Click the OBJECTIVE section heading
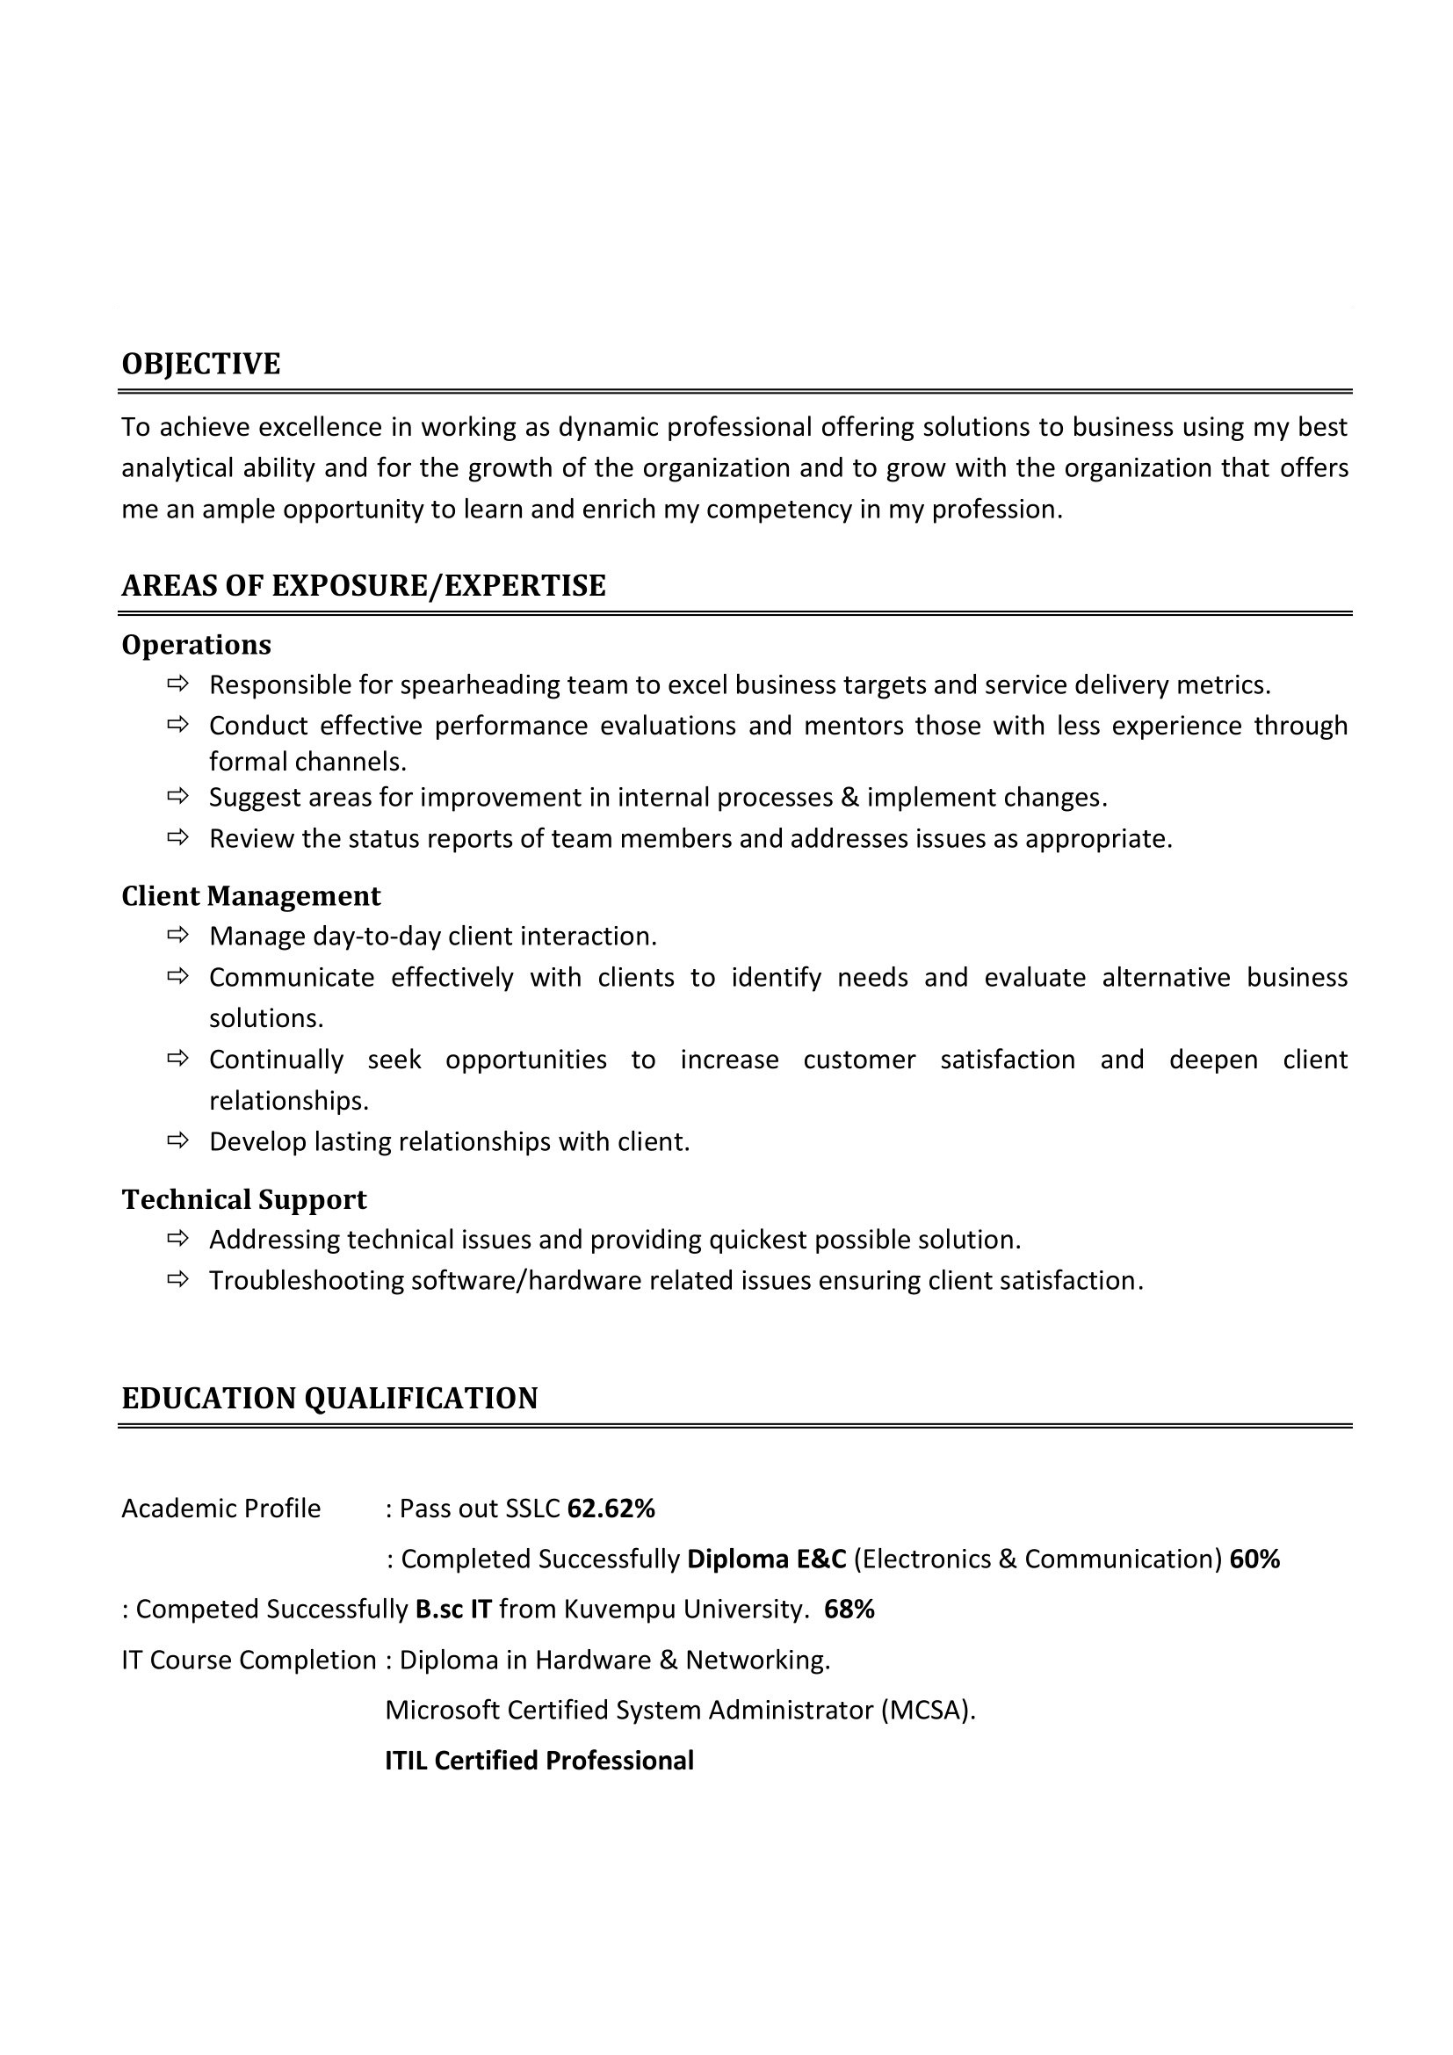click(x=200, y=365)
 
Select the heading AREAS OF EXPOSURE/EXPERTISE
click(x=364, y=585)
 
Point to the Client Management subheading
click(x=250, y=896)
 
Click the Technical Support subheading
click(x=244, y=1199)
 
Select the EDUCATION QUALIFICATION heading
click(x=329, y=1398)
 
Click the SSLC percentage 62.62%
click(x=611, y=1509)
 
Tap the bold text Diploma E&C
click(x=766, y=1559)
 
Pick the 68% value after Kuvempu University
click(x=849, y=1609)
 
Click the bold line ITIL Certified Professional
click(x=539, y=1761)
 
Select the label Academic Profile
click(x=221, y=1509)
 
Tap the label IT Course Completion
click(x=249, y=1660)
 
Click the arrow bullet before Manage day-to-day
click(x=178, y=936)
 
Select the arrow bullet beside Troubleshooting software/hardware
click(x=178, y=1280)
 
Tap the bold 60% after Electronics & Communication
click(x=1254, y=1559)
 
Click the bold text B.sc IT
click(x=452, y=1609)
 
